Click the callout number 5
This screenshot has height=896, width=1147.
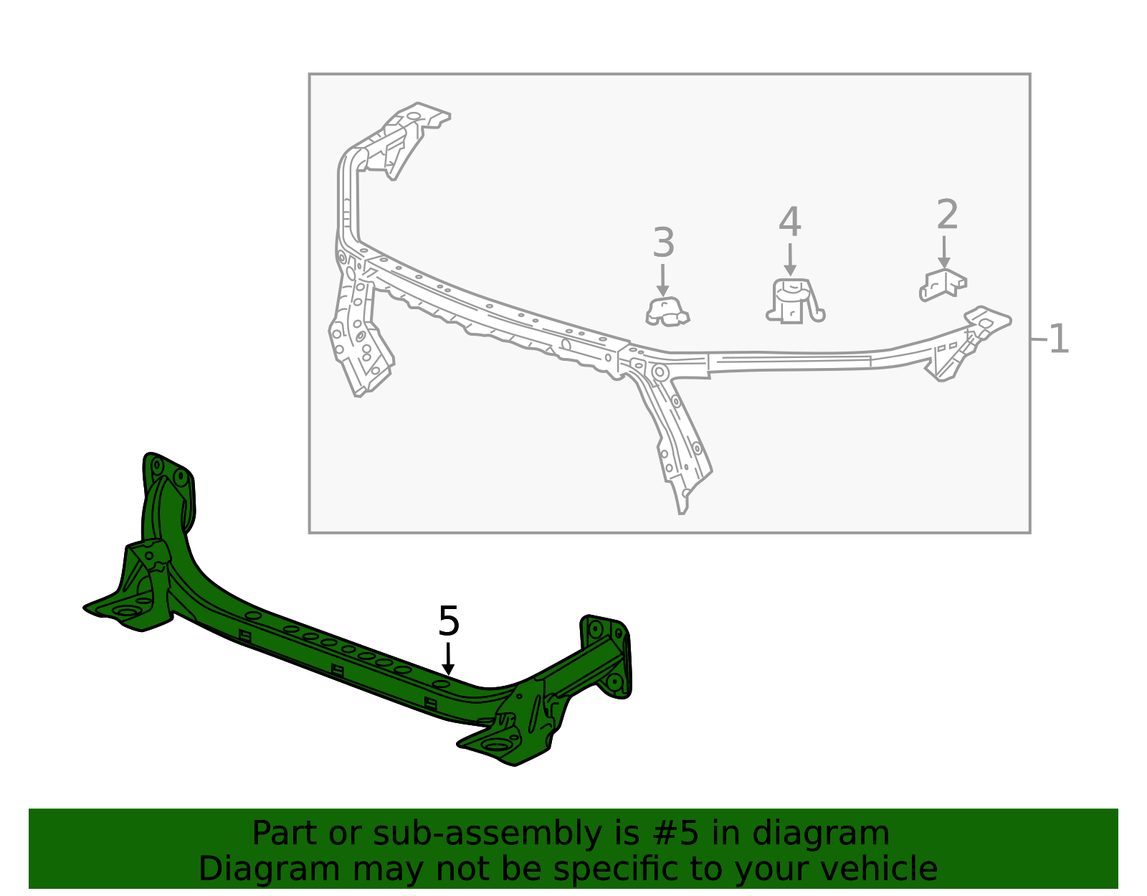(x=448, y=621)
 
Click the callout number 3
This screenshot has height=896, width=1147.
(x=663, y=243)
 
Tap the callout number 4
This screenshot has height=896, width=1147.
(x=789, y=222)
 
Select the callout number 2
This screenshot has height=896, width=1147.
(x=947, y=215)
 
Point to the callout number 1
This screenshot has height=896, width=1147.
(x=1059, y=339)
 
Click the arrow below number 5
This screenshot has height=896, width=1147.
(x=448, y=659)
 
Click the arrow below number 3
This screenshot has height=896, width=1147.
(x=663, y=280)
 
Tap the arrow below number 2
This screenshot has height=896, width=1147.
(x=944, y=253)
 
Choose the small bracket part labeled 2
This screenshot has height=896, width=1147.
(x=943, y=284)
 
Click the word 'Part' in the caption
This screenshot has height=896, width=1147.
(x=282, y=834)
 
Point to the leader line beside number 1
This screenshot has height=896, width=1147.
(x=1039, y=339)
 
